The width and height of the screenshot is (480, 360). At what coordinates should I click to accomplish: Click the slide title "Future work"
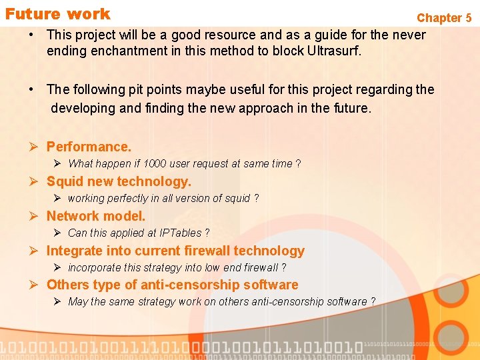tap(57, 14)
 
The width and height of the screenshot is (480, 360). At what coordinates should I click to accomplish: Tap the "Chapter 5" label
tap(444, 18)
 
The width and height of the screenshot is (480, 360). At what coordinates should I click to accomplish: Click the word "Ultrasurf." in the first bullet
tap(331, 51)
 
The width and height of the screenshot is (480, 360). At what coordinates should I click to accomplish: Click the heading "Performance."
tap(89, 147)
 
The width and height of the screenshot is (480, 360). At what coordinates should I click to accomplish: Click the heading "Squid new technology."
tap(119, 181)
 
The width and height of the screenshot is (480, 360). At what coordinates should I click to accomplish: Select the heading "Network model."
tap(95, 216)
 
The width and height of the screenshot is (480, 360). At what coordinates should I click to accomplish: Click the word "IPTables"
tap(180, 233)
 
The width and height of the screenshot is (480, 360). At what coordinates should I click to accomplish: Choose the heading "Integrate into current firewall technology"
tap(175, 251)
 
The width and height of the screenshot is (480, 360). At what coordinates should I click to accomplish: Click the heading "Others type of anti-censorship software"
tap(172, 285)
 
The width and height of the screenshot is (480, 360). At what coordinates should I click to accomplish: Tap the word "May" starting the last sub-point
tap(77, 302)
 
